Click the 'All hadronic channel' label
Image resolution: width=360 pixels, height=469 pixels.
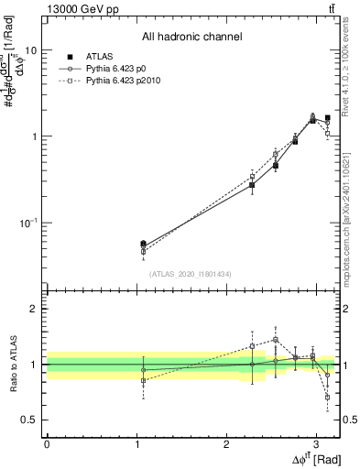click(x=191, y=37)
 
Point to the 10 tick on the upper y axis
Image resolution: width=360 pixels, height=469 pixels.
click(x=30, y=50)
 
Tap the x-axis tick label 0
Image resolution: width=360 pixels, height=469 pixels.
click(x=47, y=443)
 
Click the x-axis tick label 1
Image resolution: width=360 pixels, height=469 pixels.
click(x=136, y=443)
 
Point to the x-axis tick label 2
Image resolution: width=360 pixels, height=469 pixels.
click(x=226, y=443)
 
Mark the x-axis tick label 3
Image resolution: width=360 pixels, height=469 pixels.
click(x=316, y=443)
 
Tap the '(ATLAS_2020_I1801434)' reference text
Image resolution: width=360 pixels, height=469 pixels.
click(x=191, y=274)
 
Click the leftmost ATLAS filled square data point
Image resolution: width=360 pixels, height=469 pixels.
click(x=143, y=244)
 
